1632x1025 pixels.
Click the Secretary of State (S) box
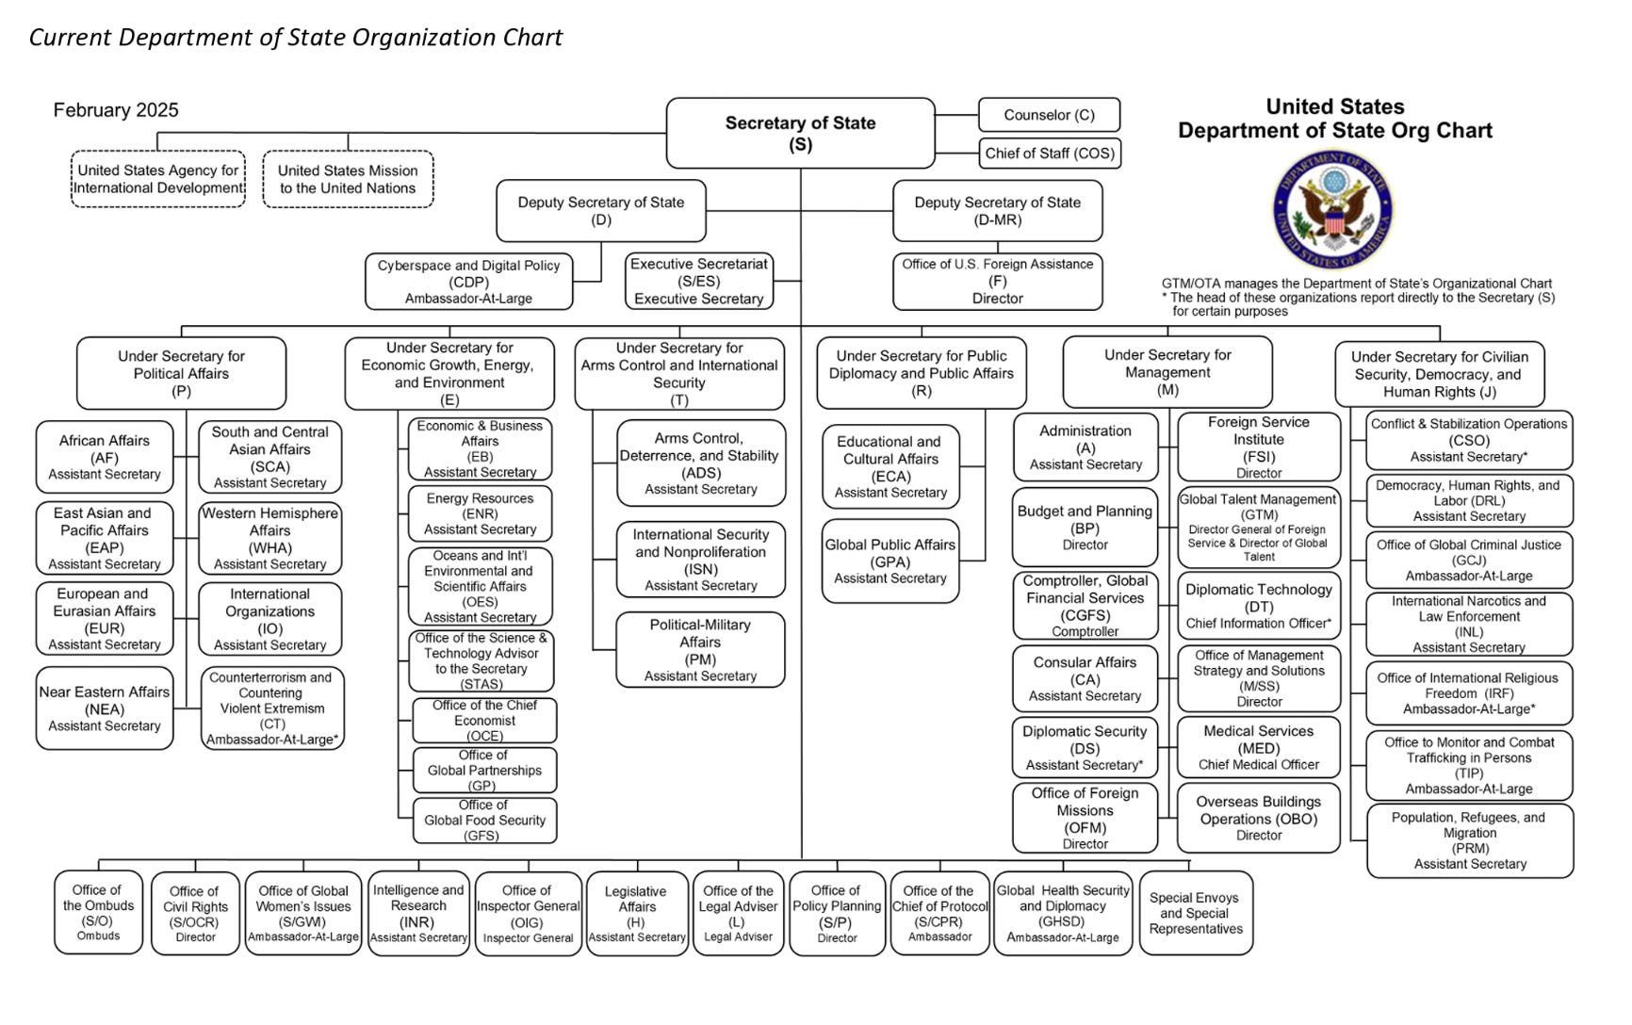pos(800,133)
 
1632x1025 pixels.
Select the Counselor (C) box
pos(1049,115)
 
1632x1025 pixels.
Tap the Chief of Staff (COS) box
pos(1049,154)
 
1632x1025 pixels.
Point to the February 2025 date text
pos(116,110)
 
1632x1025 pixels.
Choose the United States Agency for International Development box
pos(158,179)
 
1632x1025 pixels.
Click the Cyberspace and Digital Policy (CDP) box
pos(468,282)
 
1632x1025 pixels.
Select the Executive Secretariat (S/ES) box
pos(698,281)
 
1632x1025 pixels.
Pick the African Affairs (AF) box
pos(105,457)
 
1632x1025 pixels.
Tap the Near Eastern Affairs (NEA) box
pos(105,708)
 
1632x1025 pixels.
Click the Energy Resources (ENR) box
pos(480,513)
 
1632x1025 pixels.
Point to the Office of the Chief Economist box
pos(484,721)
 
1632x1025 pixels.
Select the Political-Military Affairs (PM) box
pos(700,650)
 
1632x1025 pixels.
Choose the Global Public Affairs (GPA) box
pos(890,561)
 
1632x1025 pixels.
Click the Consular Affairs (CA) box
pos(1085,678)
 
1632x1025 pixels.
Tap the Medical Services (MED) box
pos(1258,747)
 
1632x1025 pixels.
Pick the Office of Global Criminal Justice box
pos(1468,560)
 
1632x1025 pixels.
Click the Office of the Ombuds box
pos(98,912)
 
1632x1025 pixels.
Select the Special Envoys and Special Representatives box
pos(1195,913)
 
